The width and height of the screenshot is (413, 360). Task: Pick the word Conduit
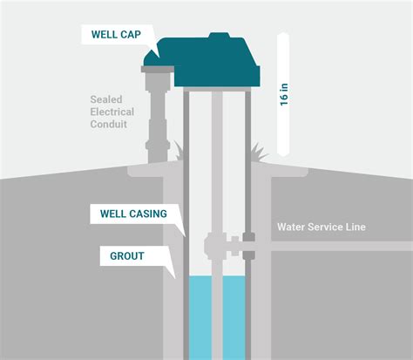pyautogui.click(x=109, y=124)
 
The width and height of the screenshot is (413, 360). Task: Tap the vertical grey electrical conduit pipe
pyautogui.click(x=158, y=122)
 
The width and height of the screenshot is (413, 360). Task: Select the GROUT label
pyautogui.click(x=127, y=257)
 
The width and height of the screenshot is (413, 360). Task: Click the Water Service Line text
pyautogui.click(x=322, y=228)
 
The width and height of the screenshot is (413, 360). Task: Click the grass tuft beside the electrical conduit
pyautogui.click(x=178, y=150)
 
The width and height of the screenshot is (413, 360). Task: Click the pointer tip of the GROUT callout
pyautogui.click(x=177, y=276)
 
